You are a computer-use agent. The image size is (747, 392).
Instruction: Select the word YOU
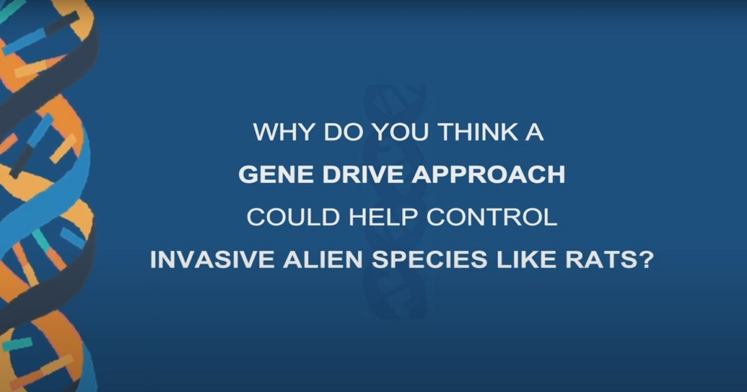(x=400, y=132)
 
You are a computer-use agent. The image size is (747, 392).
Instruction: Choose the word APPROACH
(x=489, y=174)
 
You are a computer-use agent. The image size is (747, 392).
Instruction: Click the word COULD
(x=293, y=217)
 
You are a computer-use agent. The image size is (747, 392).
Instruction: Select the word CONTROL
(x=492, y=217)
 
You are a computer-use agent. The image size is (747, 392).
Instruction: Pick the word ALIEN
(x=323, y=259)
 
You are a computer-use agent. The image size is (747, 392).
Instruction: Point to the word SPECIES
(x=430, y=259)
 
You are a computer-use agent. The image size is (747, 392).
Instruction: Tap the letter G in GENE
(x=248, y=174)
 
